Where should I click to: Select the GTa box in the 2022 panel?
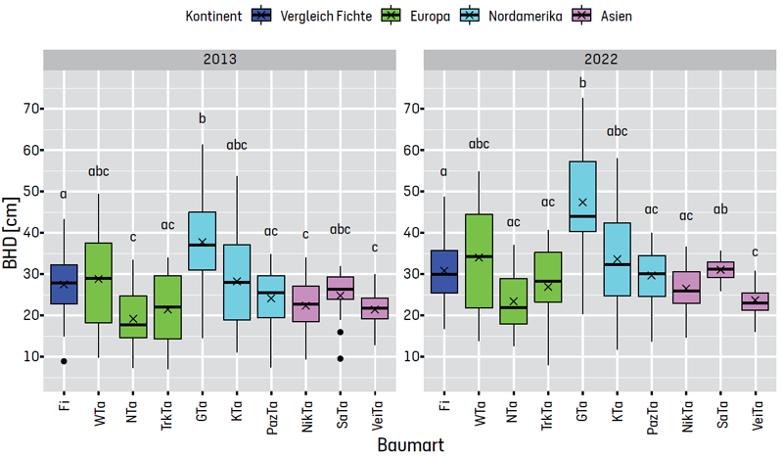[x=582, y=196]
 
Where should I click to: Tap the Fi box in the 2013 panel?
[x=65, y=284]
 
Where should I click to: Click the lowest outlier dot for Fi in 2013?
[x=65, y=361]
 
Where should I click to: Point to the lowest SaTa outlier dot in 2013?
[x=340, y=358]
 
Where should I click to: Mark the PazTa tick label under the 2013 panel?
[x=271, y=410]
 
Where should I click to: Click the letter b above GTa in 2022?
[x=582, y=83]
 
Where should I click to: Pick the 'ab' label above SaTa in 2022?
[x=720, y=209]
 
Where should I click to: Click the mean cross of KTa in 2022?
[x=617, y=259]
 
